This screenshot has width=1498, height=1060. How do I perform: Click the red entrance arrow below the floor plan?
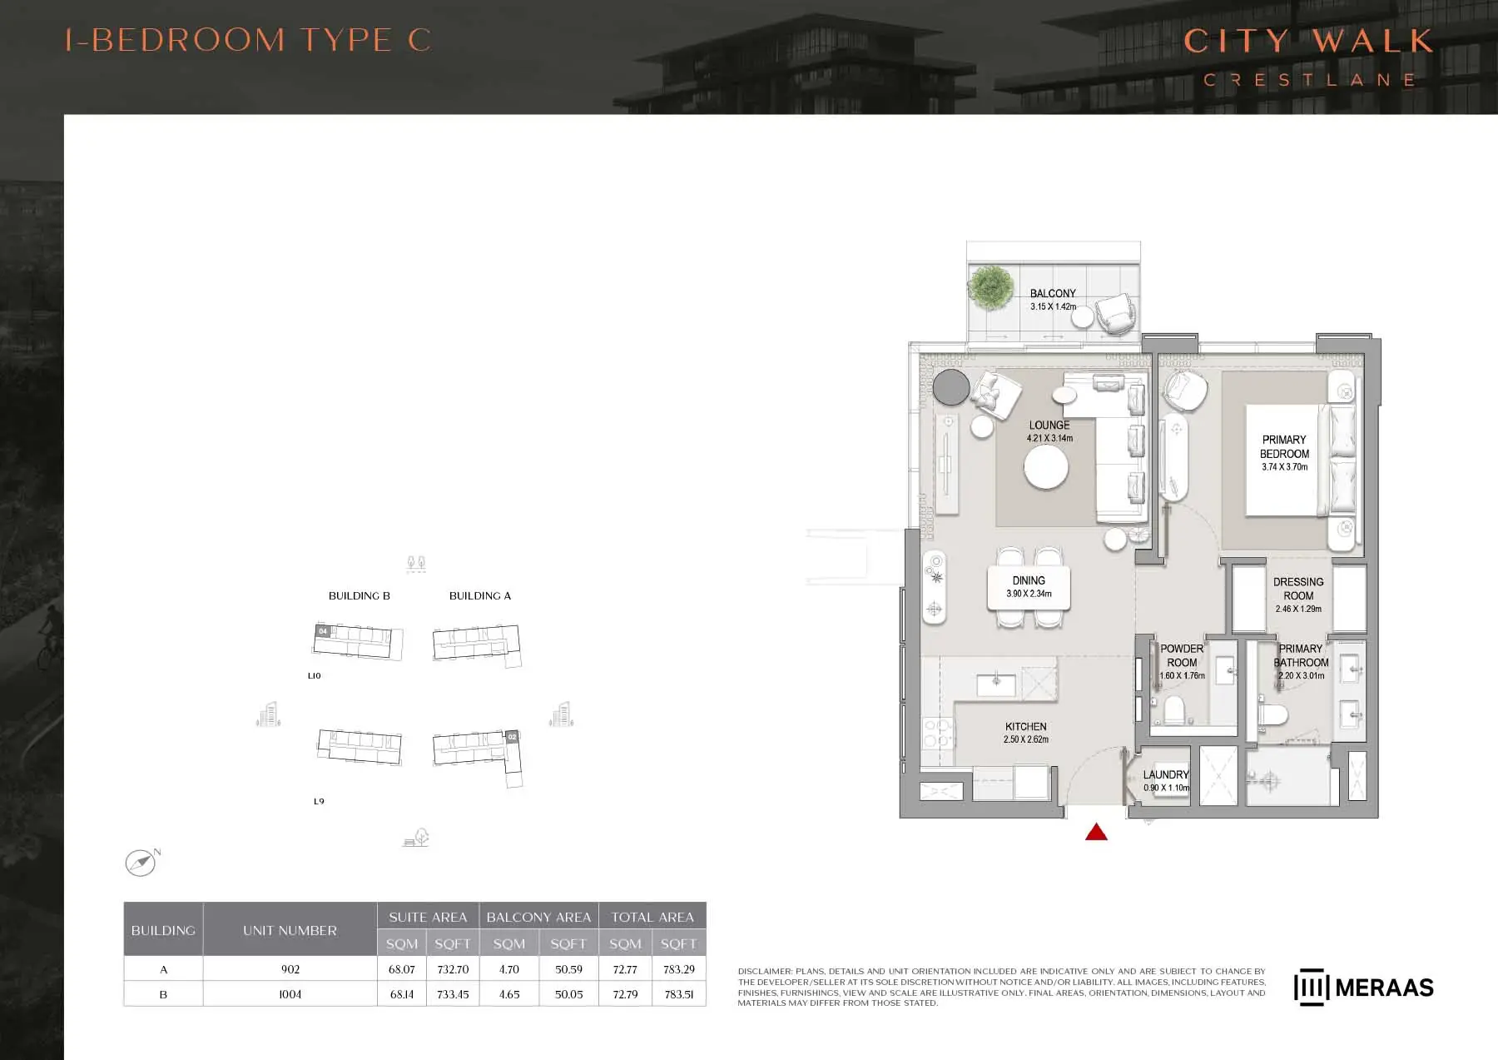click(1096, 832)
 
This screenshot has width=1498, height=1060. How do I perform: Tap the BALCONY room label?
click(1053, 293)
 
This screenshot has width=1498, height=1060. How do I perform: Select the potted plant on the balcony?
click(990, 286)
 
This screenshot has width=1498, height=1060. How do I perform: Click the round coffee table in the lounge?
click(1046, 468)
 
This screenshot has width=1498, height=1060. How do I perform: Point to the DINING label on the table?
click(1029, 580)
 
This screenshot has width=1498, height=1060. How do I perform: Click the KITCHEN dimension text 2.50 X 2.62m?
click(1025, 739)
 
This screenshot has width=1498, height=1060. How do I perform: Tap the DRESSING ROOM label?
click(1298, 589)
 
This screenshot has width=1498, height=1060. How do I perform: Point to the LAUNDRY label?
click(1166, 774)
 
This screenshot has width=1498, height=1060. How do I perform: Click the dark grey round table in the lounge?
click(951, 387)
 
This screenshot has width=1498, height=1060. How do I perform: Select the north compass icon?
click(141, 862)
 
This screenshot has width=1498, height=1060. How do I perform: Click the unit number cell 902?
click(290, 969)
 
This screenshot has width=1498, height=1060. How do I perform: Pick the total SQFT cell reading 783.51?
click(679, 994)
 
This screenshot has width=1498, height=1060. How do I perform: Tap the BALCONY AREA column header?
click(538, 917)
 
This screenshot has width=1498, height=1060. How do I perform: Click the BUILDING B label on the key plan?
click(360, 595)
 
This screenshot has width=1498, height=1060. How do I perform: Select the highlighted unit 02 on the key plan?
click(512, 736)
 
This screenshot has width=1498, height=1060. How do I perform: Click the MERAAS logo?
click(1364, 988)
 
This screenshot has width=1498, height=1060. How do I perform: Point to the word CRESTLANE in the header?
click(1310, 80)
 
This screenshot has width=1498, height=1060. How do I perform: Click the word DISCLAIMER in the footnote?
click(765, 972)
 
